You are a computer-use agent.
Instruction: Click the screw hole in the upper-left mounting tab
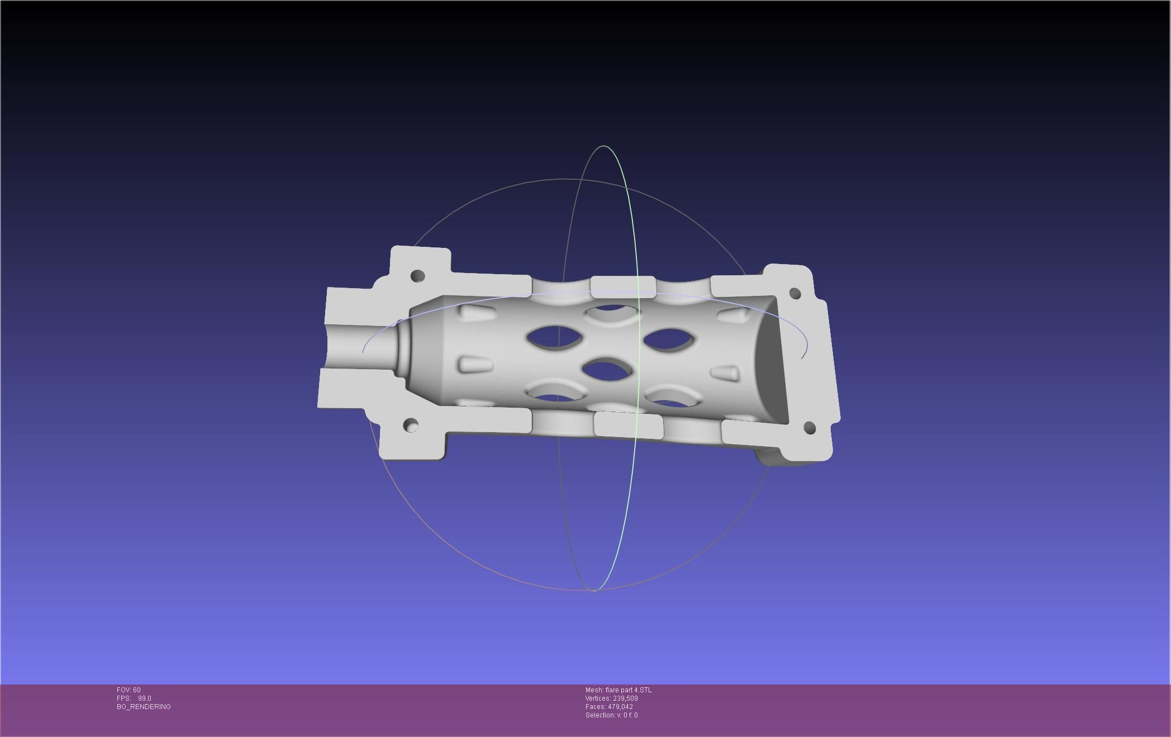point(417,276)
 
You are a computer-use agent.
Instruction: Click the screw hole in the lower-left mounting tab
point(411,425)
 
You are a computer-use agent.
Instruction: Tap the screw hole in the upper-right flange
point(795,293)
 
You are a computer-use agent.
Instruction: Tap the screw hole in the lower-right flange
point(809,428)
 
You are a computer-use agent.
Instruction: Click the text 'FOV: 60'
point(128,690)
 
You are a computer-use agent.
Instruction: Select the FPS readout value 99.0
point(145,698)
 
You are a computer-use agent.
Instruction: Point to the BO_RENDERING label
point(144,707)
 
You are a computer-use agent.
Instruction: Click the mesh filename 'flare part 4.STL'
point(628,690)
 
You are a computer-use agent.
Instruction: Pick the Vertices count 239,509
point(625,698)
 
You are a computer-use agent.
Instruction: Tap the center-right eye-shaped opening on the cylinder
point(669,339)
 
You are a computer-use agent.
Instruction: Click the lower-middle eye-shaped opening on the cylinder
point(607,369)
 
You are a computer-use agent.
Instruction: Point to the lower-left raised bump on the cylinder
point(475,365)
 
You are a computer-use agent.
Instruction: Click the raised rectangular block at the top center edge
point(623,285)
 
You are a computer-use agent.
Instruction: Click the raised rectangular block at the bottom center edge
point(629,424)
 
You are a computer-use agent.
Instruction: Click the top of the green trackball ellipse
point(604,146)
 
